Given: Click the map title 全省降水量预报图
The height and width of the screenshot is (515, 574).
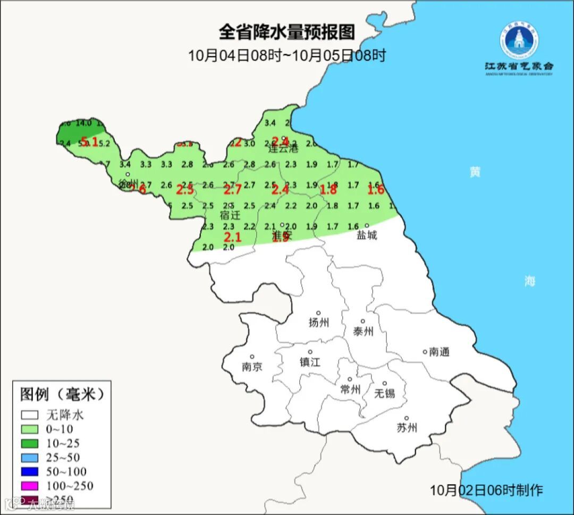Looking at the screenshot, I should pos(286,32).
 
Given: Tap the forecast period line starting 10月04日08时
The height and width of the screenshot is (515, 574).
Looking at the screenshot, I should pos(286,55).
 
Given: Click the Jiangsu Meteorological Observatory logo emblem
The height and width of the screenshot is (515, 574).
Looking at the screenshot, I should pos(519,40).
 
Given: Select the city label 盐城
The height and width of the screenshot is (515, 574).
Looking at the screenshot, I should pos(366,235).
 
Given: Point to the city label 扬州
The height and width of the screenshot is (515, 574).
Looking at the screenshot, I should pos(318,322).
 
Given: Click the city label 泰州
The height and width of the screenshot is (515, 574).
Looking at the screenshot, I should pos(363,331).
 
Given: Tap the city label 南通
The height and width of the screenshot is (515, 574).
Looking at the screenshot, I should pos(440,352).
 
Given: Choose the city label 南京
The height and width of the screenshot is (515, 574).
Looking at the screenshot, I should pos(251,367).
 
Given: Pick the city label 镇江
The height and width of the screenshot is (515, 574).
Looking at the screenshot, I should pos(310,361).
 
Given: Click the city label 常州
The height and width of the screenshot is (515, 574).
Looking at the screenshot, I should pos(350,390).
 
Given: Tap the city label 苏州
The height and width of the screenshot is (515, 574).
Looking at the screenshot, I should pos(407,427).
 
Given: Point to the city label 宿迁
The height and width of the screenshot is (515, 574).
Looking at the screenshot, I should pos(230,215).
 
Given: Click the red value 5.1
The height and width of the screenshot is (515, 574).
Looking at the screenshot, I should pos(89,141).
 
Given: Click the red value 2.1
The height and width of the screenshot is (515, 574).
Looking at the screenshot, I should pos(233,237).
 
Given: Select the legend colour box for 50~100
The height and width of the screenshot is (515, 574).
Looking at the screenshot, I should pos(30,471).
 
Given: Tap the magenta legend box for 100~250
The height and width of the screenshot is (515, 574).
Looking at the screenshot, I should pos(30,486).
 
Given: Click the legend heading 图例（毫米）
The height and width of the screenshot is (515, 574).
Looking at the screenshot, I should pos(62,394).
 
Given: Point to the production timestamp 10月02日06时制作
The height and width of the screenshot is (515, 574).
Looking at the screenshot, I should pos(486,490).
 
